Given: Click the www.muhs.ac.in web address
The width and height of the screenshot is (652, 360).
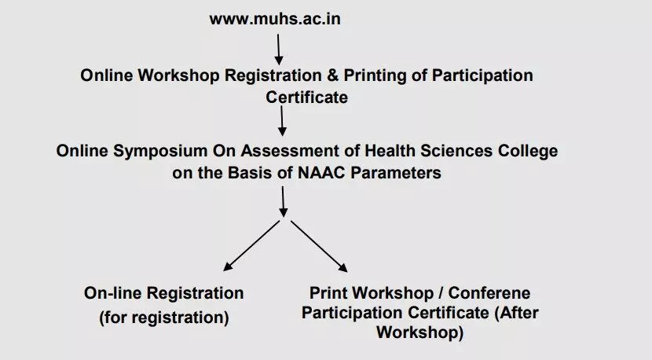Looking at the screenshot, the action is click(275, 19).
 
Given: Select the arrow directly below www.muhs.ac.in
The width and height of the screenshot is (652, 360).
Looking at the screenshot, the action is click(279, 50).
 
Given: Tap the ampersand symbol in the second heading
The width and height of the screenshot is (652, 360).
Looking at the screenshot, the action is click(332, 75).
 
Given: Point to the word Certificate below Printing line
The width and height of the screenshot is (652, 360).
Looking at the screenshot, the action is click(307, 97).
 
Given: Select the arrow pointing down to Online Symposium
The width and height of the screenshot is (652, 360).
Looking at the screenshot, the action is click(282, 121).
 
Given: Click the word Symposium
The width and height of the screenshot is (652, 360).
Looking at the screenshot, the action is click(160, 151).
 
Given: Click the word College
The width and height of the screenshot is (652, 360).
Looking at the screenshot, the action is click(528, 151).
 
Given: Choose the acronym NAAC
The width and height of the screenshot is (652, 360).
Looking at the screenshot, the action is click(321, 173).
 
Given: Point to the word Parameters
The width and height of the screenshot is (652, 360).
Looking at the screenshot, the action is click(395, 173).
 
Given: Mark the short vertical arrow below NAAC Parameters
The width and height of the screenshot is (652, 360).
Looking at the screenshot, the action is click(283, 201).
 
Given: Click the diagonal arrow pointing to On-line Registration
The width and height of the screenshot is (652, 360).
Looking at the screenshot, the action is click(251, 246).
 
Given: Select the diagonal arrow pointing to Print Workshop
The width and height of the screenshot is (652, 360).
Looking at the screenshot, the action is click(319, 246).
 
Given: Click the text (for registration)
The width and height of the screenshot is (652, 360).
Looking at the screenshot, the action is click(164, 318).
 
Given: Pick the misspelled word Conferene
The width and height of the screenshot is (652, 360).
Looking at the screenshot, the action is click(489, 293).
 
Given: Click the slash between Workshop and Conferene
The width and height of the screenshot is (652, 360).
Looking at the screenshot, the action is click(441, 293).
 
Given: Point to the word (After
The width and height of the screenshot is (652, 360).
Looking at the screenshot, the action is click(516, 313).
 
